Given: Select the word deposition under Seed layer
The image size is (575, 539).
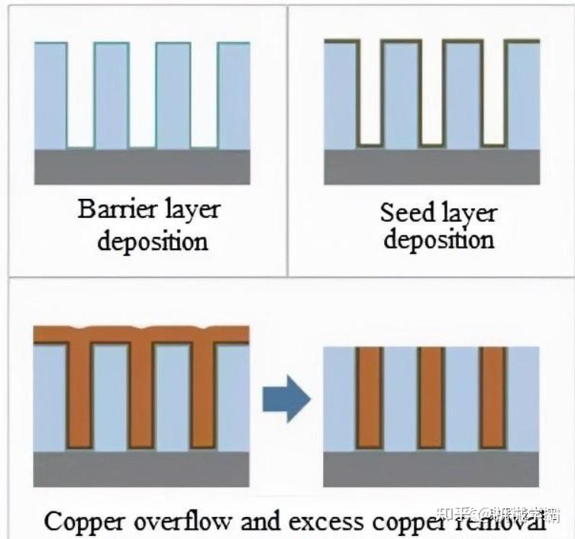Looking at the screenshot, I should [438, 241].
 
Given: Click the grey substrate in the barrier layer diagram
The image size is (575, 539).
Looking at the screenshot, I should [142, 166].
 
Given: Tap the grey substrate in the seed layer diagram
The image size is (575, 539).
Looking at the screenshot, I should [432, 166].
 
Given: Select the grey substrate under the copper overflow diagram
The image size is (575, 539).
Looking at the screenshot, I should [142, 467].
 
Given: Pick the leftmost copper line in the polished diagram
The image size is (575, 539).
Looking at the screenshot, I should [369, 396].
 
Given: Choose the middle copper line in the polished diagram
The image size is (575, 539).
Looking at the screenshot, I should [431, 396].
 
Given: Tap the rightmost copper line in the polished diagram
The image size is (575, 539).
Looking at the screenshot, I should [493, 396].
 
